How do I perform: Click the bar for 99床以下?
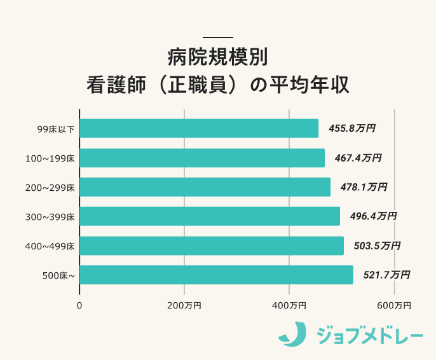199,128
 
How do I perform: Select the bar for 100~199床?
202,158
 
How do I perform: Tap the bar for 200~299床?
205,187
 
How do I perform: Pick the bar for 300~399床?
210,216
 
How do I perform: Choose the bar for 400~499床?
212,246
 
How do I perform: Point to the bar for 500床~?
216,275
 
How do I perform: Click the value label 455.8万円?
351,128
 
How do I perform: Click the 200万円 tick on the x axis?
184,306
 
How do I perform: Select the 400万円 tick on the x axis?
289,306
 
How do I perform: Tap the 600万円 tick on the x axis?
394,306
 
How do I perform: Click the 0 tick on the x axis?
79,306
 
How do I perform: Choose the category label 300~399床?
55,217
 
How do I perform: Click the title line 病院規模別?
218,57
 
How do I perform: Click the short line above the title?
218,37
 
